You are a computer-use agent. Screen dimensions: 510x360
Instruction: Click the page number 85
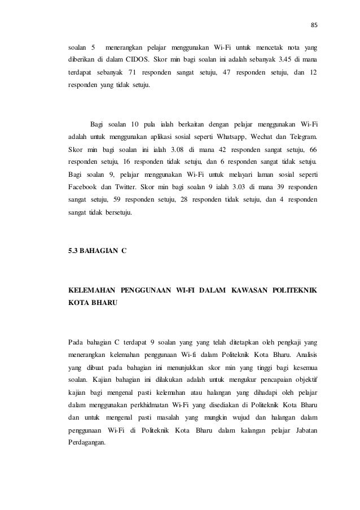coord(315,25)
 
